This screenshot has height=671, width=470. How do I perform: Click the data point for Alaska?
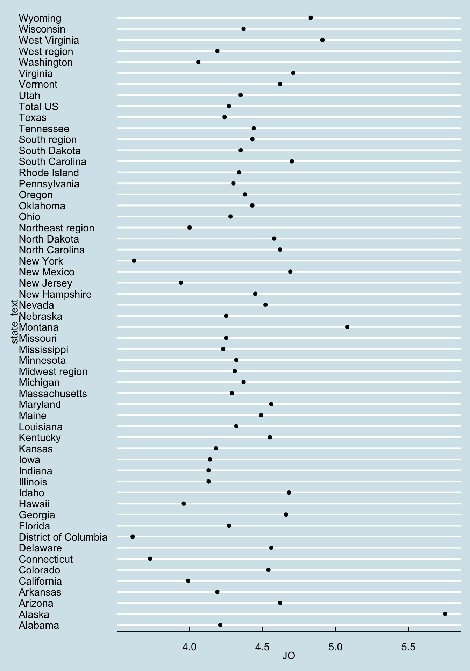[x=445, y=614]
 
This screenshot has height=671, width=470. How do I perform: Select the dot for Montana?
[x=347, y=327]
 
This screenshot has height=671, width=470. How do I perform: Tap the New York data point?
[x=134, y=261]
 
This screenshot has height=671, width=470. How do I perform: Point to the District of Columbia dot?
[x=133, y=536]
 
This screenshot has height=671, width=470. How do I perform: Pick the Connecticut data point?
[x=150, y=558]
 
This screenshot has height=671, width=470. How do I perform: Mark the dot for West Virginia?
[x=322, y=40]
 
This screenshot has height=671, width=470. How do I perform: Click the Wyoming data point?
[x=311, y=18]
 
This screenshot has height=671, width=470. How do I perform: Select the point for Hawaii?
[x=184, y=504]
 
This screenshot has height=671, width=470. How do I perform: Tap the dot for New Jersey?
[x=181, y=283]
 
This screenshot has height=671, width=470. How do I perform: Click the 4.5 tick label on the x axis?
[x=262, y=647]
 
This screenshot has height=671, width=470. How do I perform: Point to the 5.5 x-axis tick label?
[x=408, y=647]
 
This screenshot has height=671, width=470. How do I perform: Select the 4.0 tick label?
[x=190, y=647]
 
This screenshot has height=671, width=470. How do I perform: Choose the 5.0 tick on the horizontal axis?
[x=335, y=647]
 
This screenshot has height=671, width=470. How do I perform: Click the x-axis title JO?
[x=289, y=656]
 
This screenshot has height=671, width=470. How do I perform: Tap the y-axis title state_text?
[x=14, y=322]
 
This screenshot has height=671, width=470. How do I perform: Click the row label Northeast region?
[x=56, y=228]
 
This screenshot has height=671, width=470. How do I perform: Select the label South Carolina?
[x=52, y=161]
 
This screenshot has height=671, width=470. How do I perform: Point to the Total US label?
[x=38, y=107]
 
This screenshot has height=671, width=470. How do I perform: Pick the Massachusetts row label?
[x=53, y=394]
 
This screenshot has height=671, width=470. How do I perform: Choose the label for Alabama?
[x=39, y=625]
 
